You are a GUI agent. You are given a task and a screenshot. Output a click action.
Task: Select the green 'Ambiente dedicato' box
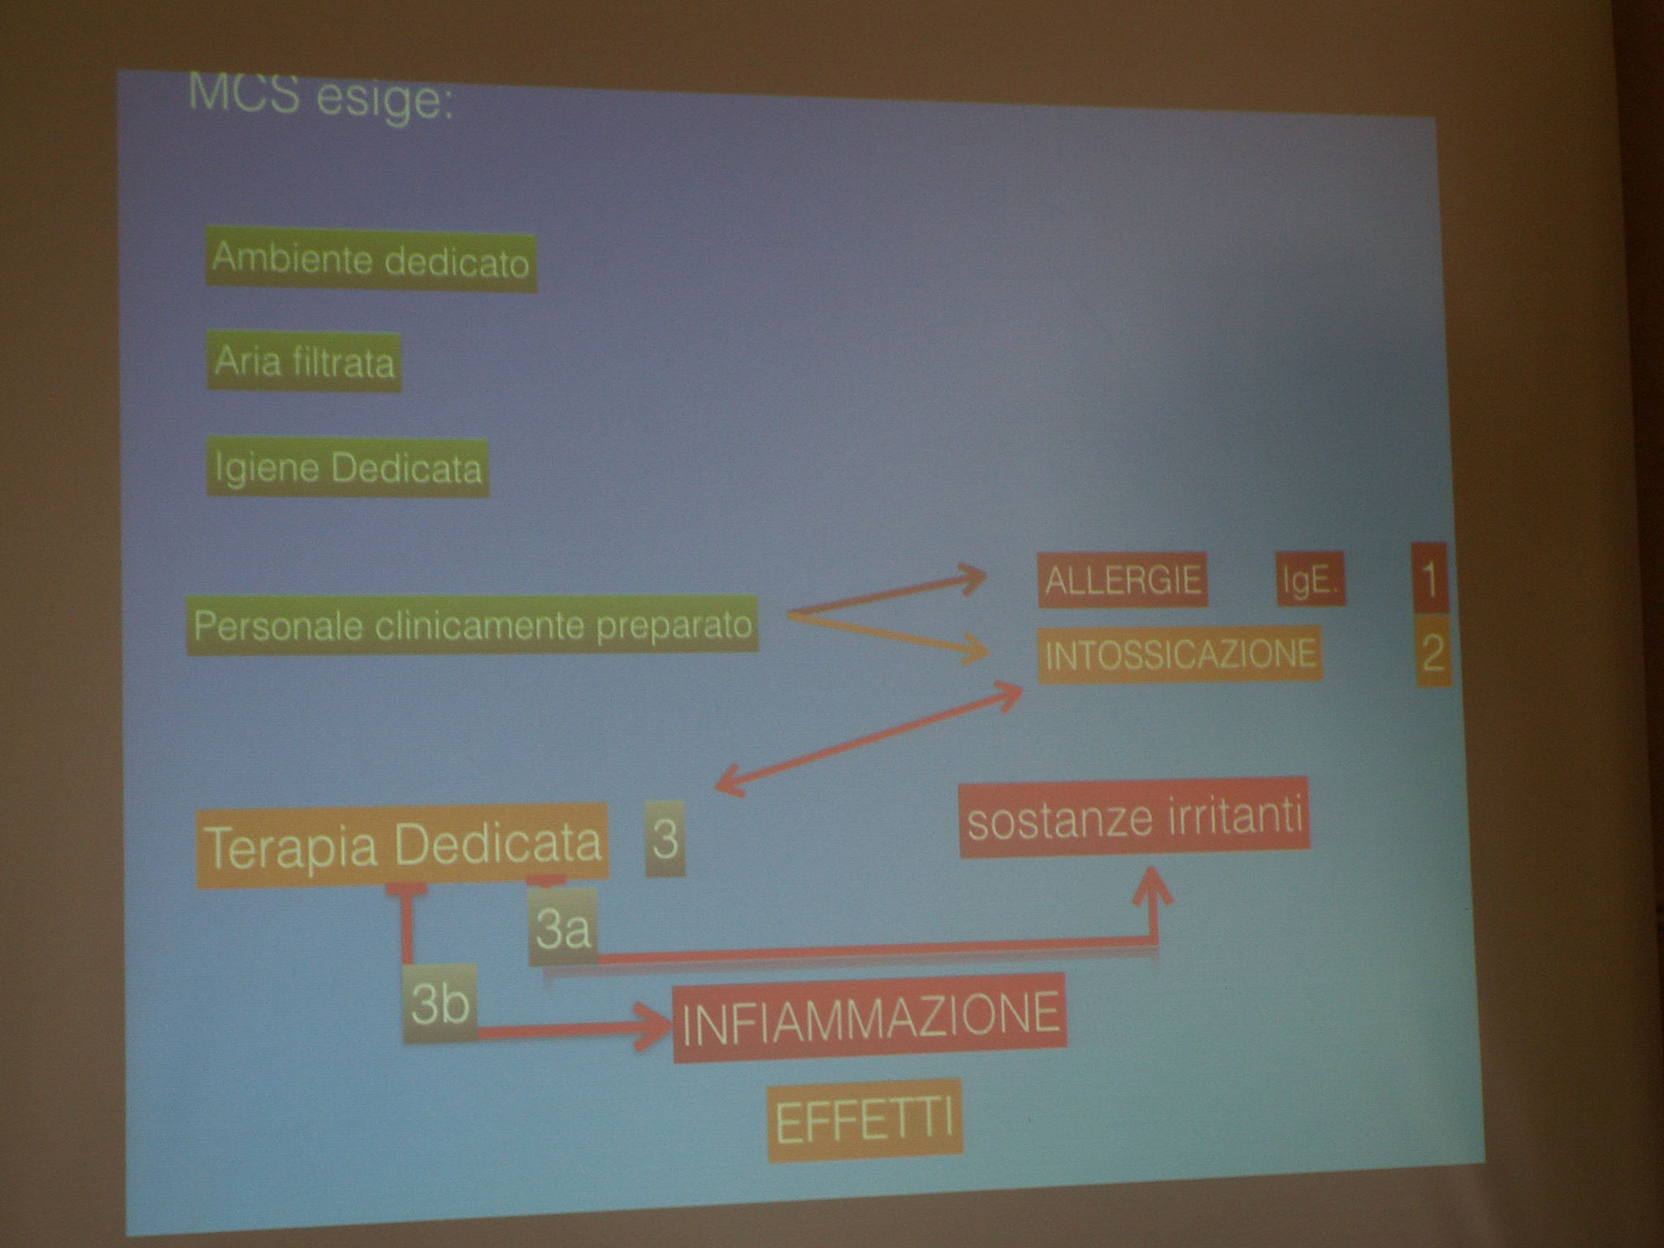371,261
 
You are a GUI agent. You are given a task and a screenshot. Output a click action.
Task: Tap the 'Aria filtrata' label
305,362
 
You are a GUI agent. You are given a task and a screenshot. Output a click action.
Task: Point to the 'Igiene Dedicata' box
348,468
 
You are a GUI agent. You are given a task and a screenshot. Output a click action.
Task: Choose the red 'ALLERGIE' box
1123,579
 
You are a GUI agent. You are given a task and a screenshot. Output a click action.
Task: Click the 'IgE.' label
1311,580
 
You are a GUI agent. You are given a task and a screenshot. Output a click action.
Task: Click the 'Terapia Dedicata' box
403,844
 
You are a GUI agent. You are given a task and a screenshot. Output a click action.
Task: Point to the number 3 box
665,838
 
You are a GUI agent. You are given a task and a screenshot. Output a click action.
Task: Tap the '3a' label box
562,926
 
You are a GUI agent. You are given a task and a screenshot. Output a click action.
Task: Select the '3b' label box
440,1003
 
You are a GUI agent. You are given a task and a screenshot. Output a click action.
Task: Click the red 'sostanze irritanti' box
1135,819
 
